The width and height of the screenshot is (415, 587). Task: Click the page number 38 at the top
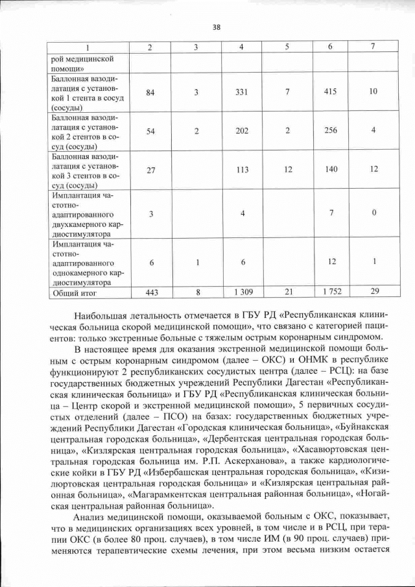(x=217, y=27)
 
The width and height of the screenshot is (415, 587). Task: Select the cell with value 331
(x=241, y=92)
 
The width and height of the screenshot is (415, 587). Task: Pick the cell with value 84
(x=150, y=92)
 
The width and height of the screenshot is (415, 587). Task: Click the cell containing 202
(x=241, y=131)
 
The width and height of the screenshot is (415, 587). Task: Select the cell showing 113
(x=241, y=169)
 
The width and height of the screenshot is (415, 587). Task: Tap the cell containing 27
(x=150, y=169)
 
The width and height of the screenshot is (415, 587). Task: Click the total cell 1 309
(x=241, y=293)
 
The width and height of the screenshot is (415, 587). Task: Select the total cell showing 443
(x=151, y=293)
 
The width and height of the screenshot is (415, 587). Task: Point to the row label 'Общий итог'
(x=72, y=293)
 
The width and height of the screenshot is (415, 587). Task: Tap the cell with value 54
(x=150, y=131)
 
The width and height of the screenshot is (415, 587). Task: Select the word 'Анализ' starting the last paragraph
(x=90, y=516)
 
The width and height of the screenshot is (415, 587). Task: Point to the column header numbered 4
(x=241, y=47)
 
